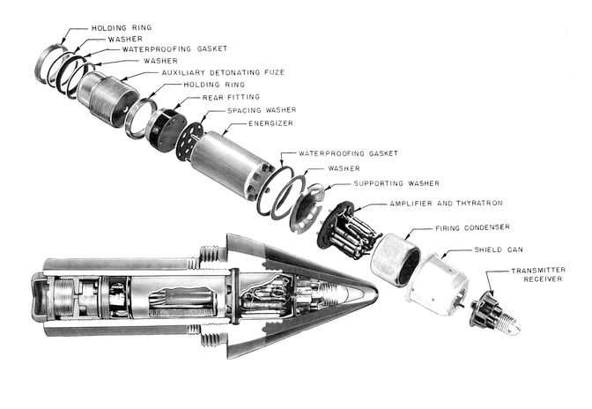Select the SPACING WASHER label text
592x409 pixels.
pos(262,110)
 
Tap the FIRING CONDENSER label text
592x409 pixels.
pos(471,228)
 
